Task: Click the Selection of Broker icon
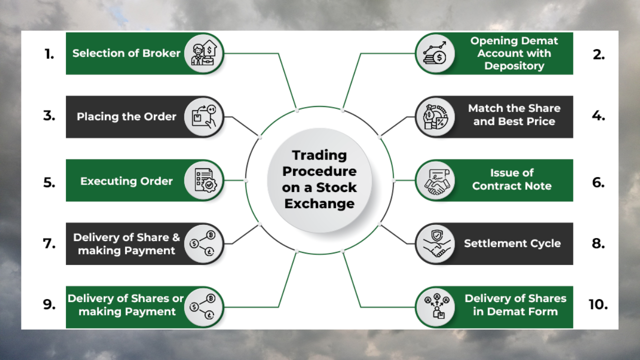(203, 53)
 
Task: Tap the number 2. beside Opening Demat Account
(598, 54)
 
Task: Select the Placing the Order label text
(126, 116)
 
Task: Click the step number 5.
(49, 182)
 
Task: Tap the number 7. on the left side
(49, 243)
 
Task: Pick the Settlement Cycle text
(512, 243)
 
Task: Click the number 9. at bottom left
(49, 304)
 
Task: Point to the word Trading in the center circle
(319, 155)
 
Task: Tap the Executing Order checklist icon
(203, 180)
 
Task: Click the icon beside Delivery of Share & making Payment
(203, 243)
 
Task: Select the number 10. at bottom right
(598, 304)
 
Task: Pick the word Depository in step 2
(513, 66)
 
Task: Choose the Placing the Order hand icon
(203, 116)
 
